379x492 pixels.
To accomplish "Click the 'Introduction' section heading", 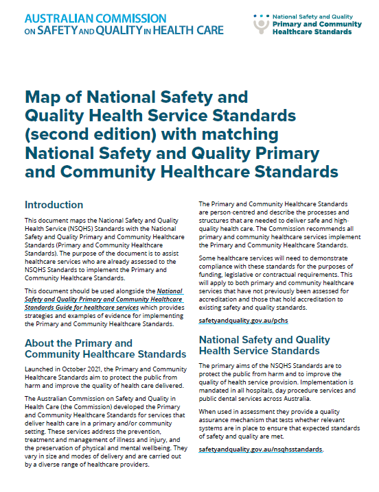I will (x=54, y=205).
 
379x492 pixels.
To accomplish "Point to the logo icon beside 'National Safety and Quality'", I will (x=261, y=24).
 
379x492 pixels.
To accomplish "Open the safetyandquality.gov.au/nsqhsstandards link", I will (x=261, y=450).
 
